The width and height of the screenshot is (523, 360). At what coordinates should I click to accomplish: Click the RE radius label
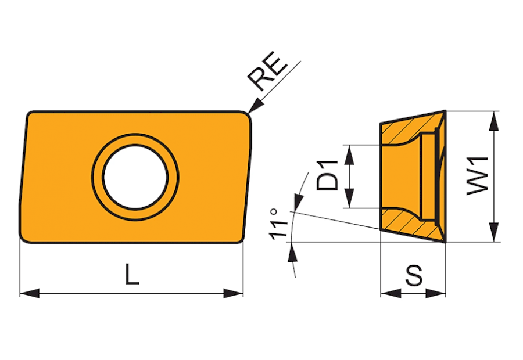(267, 71)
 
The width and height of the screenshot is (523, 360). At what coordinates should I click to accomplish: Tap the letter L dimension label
(132, 274)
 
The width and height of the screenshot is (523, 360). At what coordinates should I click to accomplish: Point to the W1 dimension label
(478, 176)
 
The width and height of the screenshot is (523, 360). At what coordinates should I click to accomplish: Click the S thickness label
(414, 275)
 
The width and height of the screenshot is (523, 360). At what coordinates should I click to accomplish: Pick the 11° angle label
(278, 224)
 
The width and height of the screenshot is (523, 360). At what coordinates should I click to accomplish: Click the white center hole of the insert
(135, 177)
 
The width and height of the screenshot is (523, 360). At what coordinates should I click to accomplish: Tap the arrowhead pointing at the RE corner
(256, 106)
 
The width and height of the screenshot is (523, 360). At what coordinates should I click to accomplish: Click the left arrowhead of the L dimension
(30, 293)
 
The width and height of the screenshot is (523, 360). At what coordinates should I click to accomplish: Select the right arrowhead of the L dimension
(233, 293)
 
